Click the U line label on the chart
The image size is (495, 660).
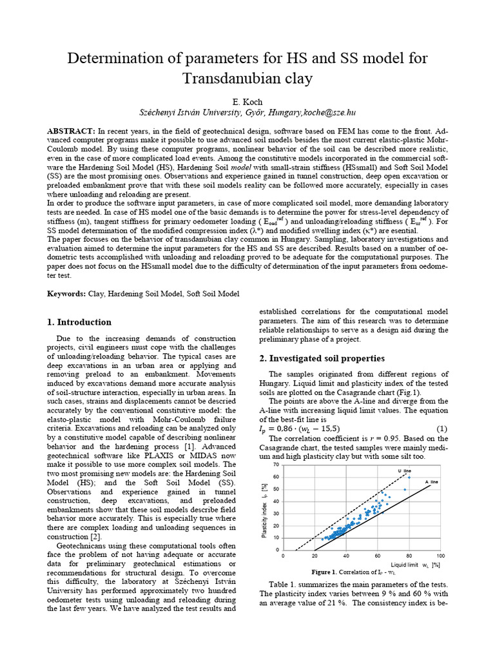coord(403,471)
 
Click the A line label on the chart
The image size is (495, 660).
coord(431,482)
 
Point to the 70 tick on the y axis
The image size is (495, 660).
coord(277,465)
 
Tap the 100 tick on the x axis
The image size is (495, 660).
coord(440,556)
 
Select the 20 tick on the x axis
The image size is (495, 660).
coord(315,556)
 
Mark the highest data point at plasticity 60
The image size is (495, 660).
coord(409,477)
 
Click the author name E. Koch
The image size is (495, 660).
coord(247,102)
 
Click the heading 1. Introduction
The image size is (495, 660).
coord(80,322)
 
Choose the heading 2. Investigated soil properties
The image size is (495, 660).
coord(322,358)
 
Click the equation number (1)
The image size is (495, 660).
coord(442,429)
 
